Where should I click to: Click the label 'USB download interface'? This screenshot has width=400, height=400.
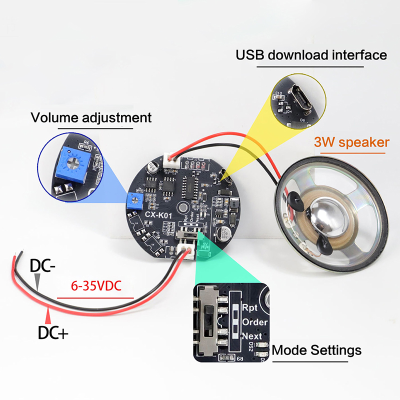311,54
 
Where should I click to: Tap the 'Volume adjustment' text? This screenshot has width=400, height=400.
91,118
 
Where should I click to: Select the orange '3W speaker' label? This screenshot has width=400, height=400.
351,142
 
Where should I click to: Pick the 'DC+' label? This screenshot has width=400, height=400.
52,332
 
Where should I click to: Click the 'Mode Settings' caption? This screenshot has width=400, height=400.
316,350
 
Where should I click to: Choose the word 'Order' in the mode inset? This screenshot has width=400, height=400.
254,322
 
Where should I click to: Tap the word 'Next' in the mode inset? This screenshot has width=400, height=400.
251,335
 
